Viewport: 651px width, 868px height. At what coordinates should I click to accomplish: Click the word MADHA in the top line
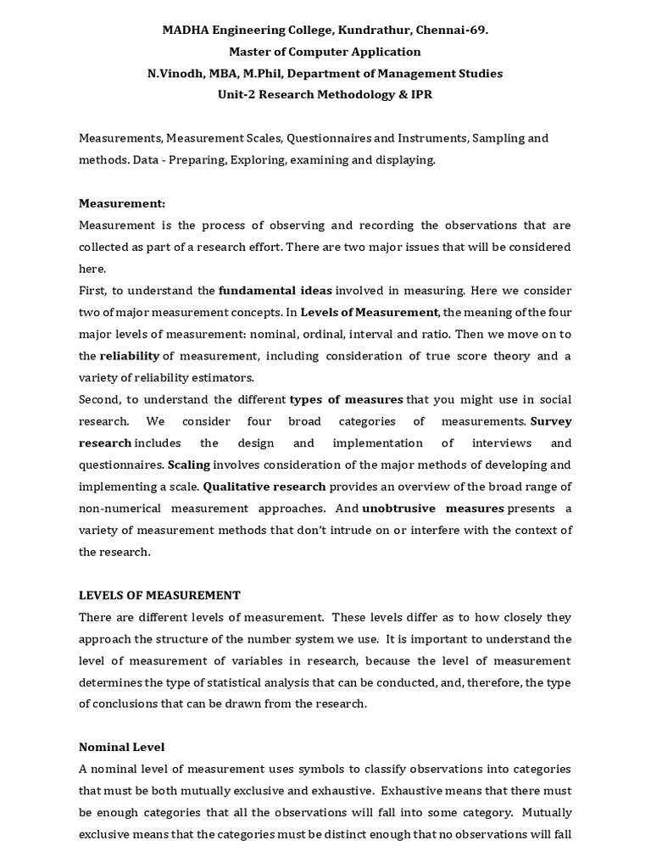coord(183,30)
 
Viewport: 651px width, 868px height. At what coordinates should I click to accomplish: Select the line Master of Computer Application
coord(325,52)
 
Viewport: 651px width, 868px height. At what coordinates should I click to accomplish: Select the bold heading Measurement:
coord(122,203)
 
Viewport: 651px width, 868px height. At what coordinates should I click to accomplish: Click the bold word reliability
coord(130,356)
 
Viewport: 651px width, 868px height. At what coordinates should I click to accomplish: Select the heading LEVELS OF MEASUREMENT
coord(160,596)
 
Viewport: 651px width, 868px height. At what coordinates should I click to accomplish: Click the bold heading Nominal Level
coord(122,748)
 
